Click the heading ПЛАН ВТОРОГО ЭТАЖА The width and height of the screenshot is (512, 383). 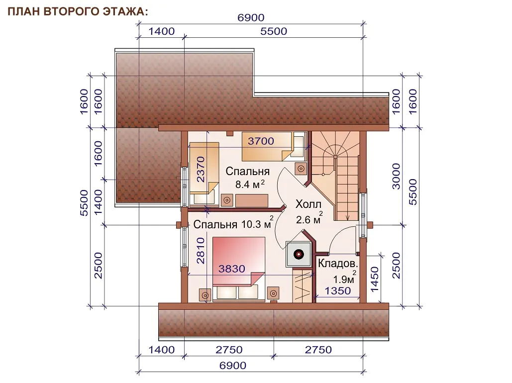(x=78, y=11)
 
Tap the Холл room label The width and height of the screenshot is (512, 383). (x=308, y=204)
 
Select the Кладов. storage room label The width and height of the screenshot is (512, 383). (x=338, y=263)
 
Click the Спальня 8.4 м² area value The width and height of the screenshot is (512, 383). (x=250, y=185)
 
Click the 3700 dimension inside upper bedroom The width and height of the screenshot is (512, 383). (x=261, y=141)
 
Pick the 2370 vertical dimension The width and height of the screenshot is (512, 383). (x=201, y=170)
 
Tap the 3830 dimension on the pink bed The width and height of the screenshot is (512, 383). (x=231, y=269)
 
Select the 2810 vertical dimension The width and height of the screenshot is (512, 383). (x=201, y=251)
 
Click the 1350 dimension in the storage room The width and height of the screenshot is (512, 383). (x=338, y=290)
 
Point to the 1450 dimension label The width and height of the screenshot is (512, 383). (x=375, y=280)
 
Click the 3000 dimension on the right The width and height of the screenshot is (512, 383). (x=396, y=176)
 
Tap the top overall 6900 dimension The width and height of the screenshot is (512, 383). (x=251, y=17)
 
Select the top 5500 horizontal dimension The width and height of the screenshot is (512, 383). (x=274, y=31)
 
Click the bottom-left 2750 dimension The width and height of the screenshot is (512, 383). (x=229, y=350)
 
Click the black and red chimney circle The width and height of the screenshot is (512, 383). (x=299, y=254)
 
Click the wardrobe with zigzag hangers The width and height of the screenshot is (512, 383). (x=303, y=285)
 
